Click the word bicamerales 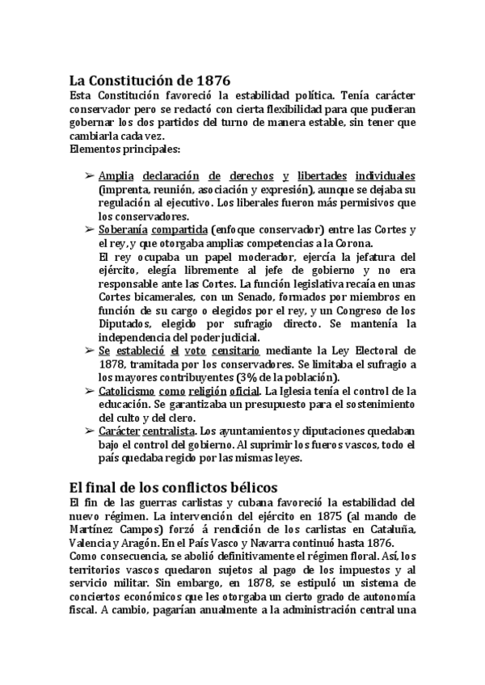tap(156, 297)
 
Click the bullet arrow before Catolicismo tap(89, 391)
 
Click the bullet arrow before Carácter tap(89, 431)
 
